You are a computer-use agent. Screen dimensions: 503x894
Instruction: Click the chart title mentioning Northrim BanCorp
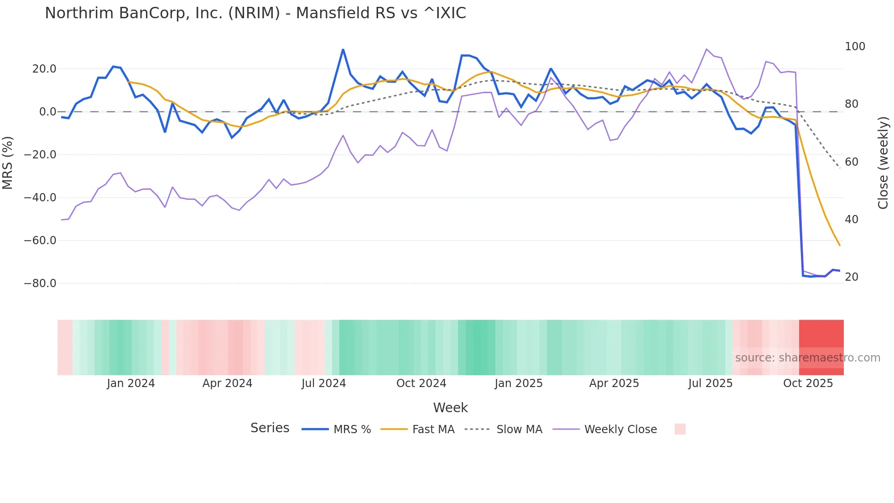point(255,13)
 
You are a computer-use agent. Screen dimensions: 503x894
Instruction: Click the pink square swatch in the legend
point(680,429)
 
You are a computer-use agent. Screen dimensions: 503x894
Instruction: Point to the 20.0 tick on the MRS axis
point(44,69)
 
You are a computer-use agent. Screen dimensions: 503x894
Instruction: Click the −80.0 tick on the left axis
point(40,283)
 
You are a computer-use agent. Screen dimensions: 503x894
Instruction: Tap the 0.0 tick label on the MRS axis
point(47,112)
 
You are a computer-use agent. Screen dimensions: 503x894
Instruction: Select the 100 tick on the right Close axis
point(855,47)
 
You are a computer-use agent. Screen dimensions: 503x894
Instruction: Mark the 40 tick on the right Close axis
point(852,220)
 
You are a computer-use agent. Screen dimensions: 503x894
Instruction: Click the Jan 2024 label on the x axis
point(131,383)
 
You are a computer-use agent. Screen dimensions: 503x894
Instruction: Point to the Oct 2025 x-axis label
point(808,383)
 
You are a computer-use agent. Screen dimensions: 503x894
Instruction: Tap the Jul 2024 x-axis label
point(324,383)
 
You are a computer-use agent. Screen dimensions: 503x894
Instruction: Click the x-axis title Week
point(450,408)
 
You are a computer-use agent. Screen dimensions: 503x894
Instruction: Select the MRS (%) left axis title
point(7,162)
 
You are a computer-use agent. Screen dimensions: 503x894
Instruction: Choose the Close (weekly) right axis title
point(883,162)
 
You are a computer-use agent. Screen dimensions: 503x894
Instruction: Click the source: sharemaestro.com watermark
point(807,358)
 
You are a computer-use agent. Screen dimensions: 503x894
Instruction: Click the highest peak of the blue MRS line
point(343,49)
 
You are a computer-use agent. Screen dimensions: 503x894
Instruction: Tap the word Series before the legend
point(270,428)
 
